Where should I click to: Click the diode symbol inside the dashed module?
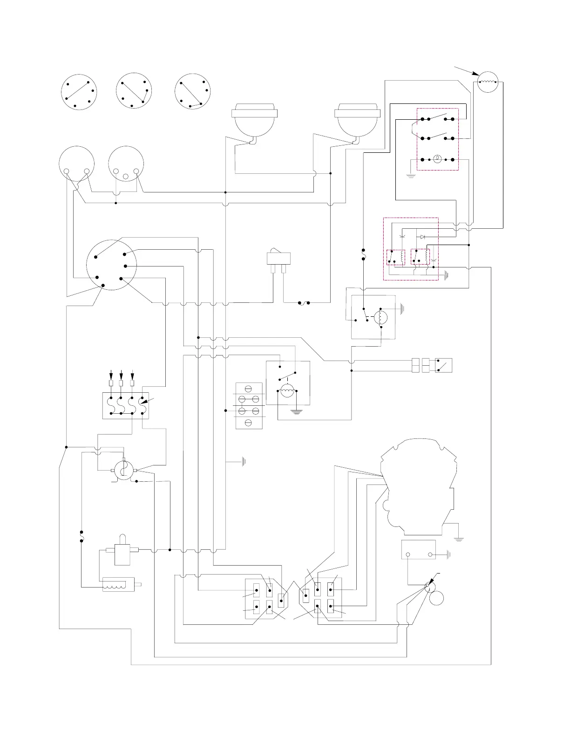[x=422, y=237]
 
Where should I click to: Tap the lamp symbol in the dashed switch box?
[x=437, y=159]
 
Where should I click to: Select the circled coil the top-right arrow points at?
[x=488, y=82]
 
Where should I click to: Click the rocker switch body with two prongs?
[x=278, y=258]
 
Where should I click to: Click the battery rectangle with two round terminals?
[x=418, y=549]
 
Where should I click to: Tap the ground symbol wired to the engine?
[x=459, y=538]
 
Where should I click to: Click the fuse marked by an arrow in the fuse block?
[x=143, y=405]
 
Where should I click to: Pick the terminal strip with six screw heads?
[x=249, y=405]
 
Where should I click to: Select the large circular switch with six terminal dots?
[x=111, y=265]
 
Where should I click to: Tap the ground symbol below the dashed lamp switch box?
[x=410, y=176]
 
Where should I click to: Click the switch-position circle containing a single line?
[x=79, y=91]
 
